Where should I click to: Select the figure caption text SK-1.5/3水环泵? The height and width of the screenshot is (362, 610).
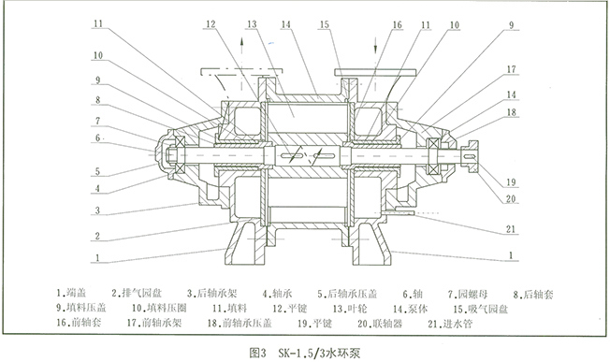[x=315, y=354]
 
